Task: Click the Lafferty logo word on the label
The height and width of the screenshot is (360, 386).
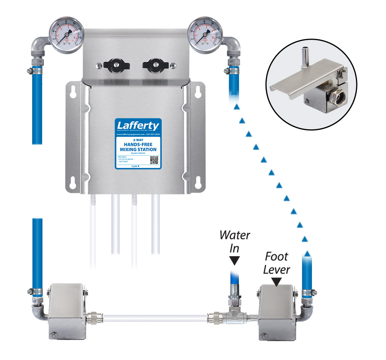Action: (x=138, y=126)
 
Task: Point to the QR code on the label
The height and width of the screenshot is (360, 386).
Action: (x=154, y=160)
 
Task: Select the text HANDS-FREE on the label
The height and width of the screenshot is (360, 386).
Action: (x=137, y=144)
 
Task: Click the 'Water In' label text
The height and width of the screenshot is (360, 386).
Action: (x=235, y=242)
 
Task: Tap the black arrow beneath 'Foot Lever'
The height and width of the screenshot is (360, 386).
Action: (x=277, y=282)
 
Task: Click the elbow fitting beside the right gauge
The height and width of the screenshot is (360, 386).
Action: (x=232, y=46)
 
